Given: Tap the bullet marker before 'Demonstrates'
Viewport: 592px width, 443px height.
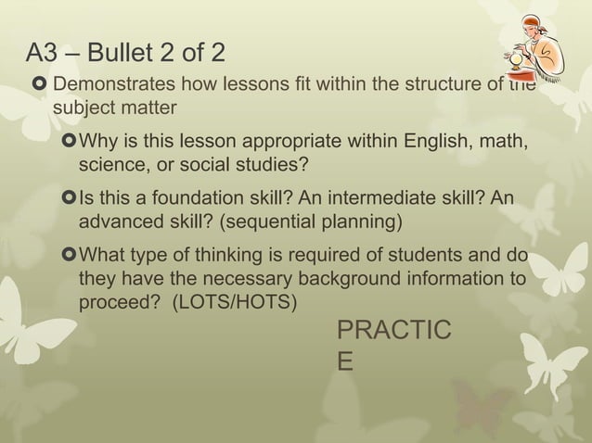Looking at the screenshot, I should (39, 87).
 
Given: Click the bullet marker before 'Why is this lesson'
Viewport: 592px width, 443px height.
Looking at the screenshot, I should (71, 143).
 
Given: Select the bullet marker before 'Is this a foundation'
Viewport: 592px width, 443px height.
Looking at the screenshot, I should (71, 200).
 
